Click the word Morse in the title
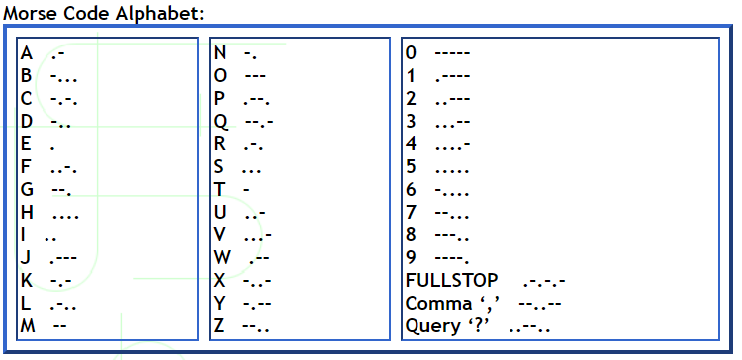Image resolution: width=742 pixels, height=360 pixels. (x=28, y=13)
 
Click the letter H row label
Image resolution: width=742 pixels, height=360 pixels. (x=27, y=212)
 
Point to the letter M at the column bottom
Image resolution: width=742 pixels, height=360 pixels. (x=28, y=325)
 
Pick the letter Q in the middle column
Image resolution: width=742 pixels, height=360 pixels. (x=221, y=121)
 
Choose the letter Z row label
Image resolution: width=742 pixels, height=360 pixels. (x=220, y=325)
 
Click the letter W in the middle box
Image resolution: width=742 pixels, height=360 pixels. (x=222, y=257)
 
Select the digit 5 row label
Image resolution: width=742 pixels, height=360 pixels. (x=412, y=166)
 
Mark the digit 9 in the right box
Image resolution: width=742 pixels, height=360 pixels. (x=412, y=257)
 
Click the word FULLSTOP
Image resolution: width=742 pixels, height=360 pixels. (x=451, y=280)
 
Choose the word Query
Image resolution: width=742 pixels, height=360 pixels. (x=431, y=325)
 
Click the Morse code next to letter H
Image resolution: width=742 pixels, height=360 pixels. (x=65, y=212)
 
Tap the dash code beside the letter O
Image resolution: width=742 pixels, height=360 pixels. (x=255, y=75)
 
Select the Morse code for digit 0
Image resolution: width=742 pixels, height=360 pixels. (x=452, y=52)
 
